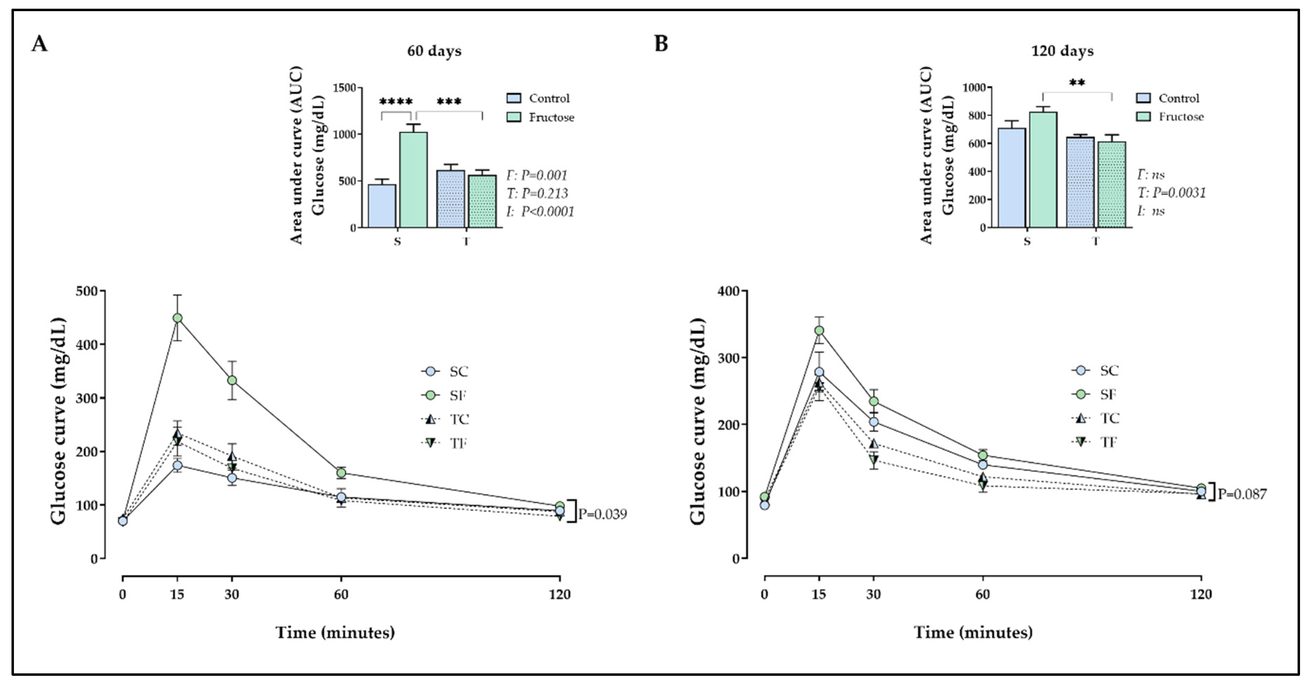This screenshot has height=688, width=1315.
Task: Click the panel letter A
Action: (39, 44)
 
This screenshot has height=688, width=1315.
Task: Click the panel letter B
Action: (661, 44)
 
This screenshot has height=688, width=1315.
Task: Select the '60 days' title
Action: (434, 51)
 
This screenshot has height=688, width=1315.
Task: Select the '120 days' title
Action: (1062, 51)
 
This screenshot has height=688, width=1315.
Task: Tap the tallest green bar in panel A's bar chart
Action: (413, 179)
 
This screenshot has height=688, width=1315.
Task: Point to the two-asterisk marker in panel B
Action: (1077, 83)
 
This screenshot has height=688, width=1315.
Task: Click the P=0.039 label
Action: (602, 514)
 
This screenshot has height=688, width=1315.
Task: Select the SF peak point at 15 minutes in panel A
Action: (178, 318)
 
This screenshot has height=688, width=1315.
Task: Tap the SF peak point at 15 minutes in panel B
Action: (819, 330)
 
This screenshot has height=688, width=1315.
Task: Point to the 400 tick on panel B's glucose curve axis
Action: (728, 291)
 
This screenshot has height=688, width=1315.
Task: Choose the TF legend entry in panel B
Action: (1098, 442)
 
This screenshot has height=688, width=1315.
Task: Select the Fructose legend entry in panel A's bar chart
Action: (541, 117)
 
